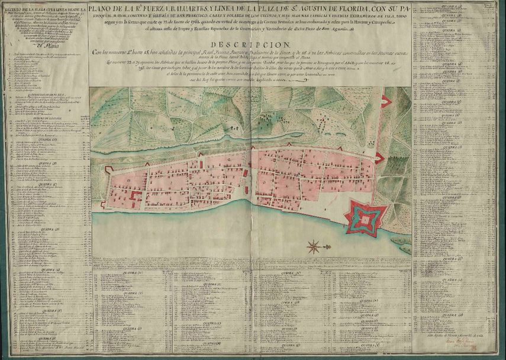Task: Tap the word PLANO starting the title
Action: (104, 7)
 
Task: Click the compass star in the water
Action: (314, 245)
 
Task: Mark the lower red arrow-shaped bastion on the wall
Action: (379, 158)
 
